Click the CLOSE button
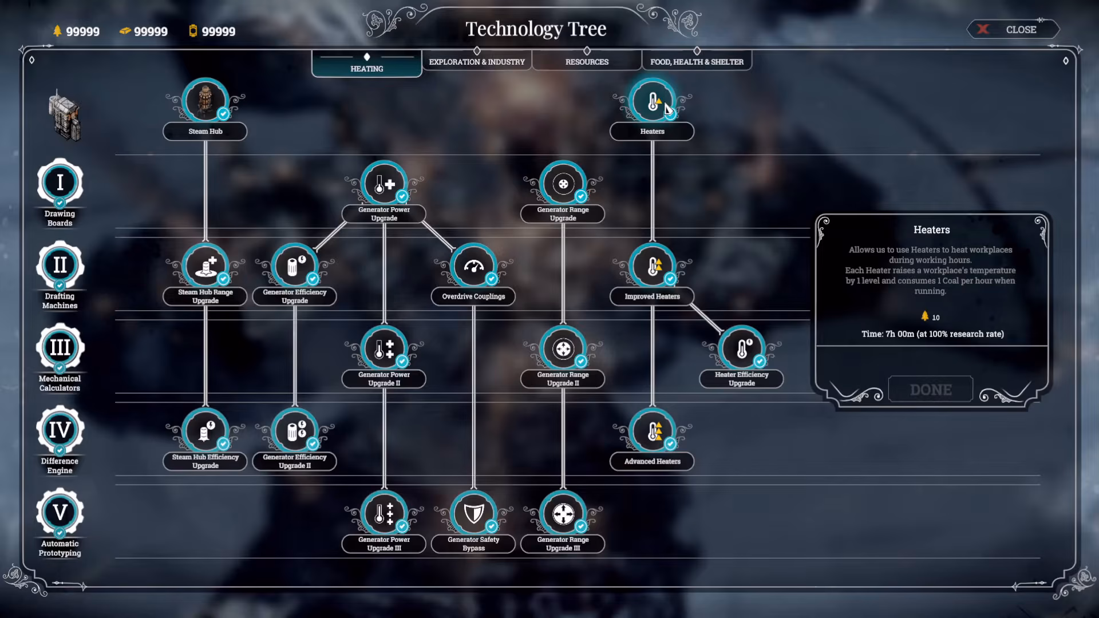coord(1013,29)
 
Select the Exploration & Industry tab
coord(477,61)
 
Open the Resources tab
coord(587,61)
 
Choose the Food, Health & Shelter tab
coord(697,61)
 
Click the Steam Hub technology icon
coord(205,101)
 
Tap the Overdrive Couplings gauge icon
coord(473,266)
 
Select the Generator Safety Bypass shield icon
coord(473,513)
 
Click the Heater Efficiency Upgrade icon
coord(742,348)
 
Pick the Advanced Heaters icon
coord(653,431)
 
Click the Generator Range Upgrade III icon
coord(563,513)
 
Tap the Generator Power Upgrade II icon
coord(384,348)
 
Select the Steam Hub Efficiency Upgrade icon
coord(205,431)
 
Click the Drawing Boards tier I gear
coord(60,183)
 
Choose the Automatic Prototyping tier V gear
coord(60,512)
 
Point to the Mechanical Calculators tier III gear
coord(60,347)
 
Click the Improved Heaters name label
coord(653,296)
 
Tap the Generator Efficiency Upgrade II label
coord(295,461)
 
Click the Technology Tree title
coord(536,29)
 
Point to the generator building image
coord(65,116)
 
